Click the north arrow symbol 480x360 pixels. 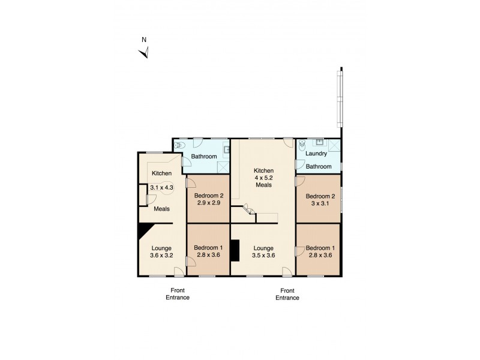tap(144, 53)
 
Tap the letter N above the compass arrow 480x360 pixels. tap(144, 40)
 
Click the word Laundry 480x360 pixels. tap(316, 154)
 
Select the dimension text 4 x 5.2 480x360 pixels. tap(263, 178)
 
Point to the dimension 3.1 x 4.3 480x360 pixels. tap(161, 188)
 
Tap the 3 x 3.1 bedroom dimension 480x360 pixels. tap(318, 204)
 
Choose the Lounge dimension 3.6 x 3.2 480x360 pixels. tap(162, 255)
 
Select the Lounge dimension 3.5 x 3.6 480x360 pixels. tap(263, 255)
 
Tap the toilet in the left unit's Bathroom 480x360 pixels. tap(179, 145)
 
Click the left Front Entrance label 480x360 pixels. tap(178, 293)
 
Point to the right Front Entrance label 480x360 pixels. tap(287, 293)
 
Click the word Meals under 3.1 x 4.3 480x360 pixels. tap(161, 209)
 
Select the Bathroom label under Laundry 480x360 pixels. tap(319, 166)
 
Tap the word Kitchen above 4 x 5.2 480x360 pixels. tap(263, 170)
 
